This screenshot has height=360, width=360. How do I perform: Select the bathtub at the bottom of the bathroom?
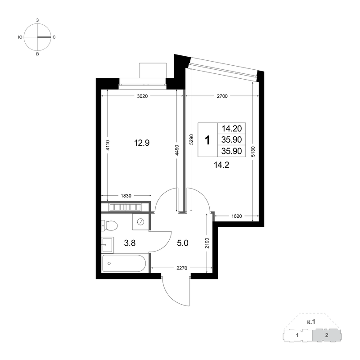[124, 263]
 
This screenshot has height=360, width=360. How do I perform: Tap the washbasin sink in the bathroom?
[107, 245]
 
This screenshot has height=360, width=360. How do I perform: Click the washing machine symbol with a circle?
[140, 222]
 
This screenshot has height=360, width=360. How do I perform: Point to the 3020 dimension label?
[142, 96]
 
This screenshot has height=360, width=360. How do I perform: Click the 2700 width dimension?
[222, 96]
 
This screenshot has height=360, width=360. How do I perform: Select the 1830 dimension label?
[126, 196]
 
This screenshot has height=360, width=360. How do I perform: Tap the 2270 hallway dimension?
[182, 268]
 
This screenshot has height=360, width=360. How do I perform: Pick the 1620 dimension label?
[237, 216]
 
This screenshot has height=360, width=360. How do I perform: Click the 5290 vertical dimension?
[192, 139]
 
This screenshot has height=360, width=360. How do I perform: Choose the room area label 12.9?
[142, 143]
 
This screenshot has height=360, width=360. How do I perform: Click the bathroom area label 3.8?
[130, 243]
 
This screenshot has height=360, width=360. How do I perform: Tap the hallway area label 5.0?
[183, 243]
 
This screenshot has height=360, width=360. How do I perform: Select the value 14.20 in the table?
[231, 129]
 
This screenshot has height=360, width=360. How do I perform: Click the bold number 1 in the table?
[207, 140]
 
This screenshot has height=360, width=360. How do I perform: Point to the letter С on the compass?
[54, 37]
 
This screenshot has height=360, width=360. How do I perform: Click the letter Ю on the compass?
[20, 37]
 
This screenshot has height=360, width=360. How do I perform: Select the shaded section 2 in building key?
[327, 335]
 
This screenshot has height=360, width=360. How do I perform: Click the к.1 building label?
[311, 322]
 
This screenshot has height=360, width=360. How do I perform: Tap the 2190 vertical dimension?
[207, 243]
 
